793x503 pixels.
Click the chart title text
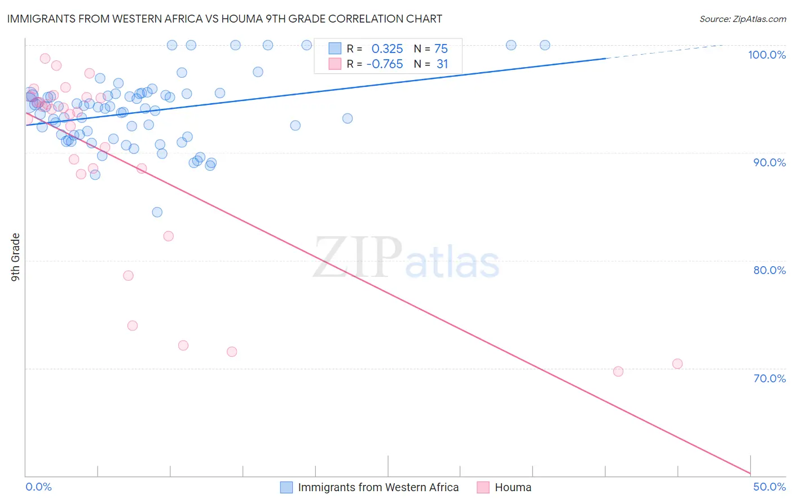point(224,19)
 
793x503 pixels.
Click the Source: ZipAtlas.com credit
point(742,19)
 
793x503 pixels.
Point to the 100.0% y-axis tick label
point(766,55)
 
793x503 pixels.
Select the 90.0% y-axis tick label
point(769,162)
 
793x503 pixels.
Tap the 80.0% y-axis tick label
point(769,270)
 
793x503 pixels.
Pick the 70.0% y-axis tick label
point(769,378)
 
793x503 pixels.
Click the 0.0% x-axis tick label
point(38,487)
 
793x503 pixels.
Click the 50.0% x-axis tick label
point(769,487)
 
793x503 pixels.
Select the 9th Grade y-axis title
point(15,257)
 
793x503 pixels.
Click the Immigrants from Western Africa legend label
point(378,487)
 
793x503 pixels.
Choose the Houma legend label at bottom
point(513,487)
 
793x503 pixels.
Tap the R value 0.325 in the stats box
point(387,48)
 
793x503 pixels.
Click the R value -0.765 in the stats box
point(384,64)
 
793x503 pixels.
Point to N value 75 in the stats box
point(440,48)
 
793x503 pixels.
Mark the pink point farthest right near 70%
point(677,364)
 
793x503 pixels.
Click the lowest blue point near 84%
point(157,212)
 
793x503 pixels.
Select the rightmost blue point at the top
point(545,45)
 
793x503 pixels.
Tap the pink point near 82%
point(168,236)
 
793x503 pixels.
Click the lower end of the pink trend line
point(750,473)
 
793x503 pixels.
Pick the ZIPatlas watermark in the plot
point(406,258)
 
